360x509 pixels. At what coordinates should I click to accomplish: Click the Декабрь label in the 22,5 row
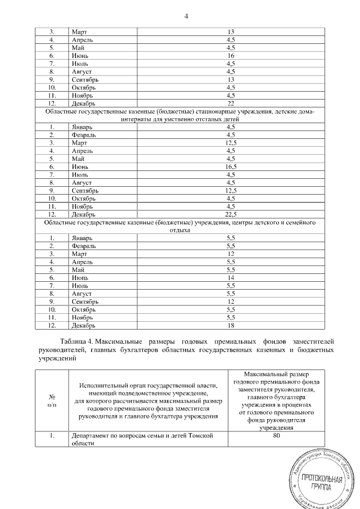(83, 214)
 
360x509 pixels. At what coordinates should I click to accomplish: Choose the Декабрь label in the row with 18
(83, 325)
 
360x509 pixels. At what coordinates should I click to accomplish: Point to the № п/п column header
(52, 400)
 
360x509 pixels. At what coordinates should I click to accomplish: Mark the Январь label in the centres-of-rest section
(82, 238)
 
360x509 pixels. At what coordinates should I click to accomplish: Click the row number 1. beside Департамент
(51, 435)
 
